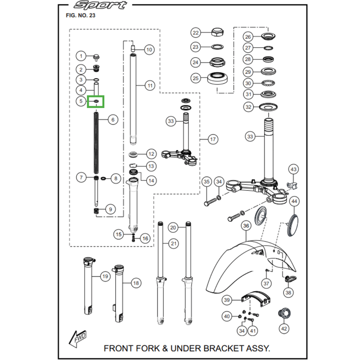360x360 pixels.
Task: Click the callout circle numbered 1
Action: click(x=81, y=56)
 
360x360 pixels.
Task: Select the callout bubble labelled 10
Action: click(x=149, y=49)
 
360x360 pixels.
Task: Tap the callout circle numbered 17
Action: click(x=212, y=139)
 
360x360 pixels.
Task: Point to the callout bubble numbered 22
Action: click(x=195, y=33)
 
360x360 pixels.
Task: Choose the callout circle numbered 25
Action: click(x=195, y=78)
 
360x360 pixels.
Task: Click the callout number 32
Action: click(x=248, y=107)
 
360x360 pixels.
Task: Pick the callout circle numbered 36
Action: click(x=245, y=225)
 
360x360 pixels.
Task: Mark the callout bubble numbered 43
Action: click(x=293, y=169)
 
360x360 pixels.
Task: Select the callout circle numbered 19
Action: click(x=105, y=276)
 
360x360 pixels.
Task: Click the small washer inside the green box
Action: click(x=96, y=102)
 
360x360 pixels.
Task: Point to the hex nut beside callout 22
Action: click(x=216, y=32)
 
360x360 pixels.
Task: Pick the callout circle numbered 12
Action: click(x=151, y=153)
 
